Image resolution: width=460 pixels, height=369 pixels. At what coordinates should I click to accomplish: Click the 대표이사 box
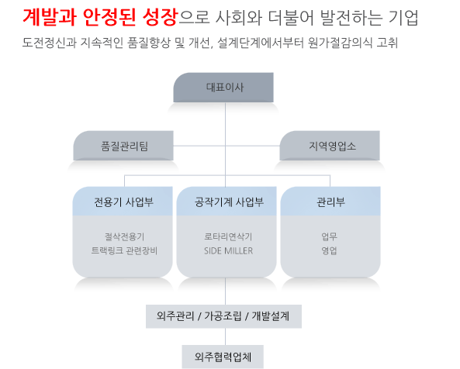pyautogui.click(x=223, y=88)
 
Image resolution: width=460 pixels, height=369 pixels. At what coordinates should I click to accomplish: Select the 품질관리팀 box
pyautogui.click(x=123, y=146)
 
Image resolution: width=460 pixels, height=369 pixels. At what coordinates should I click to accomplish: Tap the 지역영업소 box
pyautogui.click(x=330, y=146)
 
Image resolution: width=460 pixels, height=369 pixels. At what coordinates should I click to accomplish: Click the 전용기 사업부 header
pyautogui.click(x=123, y=202)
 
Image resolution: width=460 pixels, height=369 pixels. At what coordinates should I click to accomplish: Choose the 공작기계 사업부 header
pyautogui.click(x=227, y=202)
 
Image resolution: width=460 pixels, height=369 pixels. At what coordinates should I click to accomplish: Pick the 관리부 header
pyautogui.click(x=330, y=202)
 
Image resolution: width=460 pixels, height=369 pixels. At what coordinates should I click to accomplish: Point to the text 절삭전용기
pyautogui.click(x=125, y=236)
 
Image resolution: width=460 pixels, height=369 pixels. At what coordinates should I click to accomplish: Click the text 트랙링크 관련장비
pyautogui.click(x=124, y=251)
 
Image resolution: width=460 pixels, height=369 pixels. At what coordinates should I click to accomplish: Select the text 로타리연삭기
pyautogui.click(x=228, y=236)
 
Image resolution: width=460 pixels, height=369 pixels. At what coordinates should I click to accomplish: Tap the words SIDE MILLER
pyautogui.click(x=228, y=251)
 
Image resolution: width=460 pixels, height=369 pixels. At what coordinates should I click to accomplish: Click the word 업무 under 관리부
pyautogui.click(x=329, y=236)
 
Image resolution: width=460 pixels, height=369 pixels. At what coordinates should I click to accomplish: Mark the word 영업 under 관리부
pyautogui.click(x=329, y=251)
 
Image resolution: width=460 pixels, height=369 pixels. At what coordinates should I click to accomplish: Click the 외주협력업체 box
pyautogui.click(x=223, y=357)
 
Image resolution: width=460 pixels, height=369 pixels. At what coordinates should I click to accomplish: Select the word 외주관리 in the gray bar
pyautogui.click(x=175, y=316)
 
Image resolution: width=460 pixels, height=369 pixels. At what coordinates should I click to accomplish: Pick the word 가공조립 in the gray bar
pyautogui.click(x=223, y=316)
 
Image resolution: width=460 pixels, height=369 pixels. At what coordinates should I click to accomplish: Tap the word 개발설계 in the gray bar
pyautogui.click(x=271, y=316)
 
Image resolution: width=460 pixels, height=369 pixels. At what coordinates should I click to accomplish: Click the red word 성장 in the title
pyautogui.click(x=160, y=17)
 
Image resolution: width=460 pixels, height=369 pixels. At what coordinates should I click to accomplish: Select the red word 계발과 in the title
pyautogui.click(x=50, y=17)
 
